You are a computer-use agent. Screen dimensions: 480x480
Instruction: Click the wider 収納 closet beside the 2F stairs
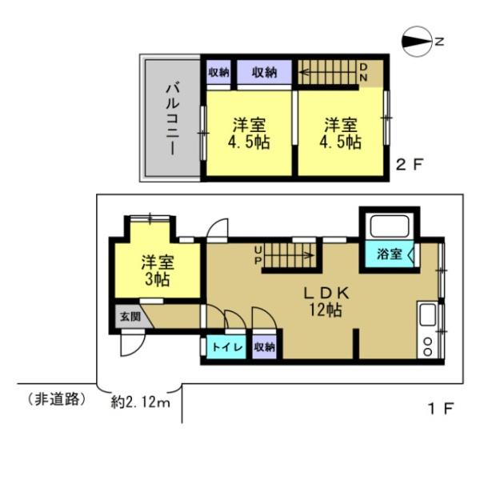(x=264, y=73)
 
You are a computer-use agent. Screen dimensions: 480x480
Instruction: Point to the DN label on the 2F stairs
(x=362, y=72)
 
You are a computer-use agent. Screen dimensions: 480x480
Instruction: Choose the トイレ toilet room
(x=222, y=347)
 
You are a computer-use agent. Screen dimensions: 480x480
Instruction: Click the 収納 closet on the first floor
(x=264, y=347)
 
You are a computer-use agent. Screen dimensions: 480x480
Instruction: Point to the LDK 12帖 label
(x=324, y=302)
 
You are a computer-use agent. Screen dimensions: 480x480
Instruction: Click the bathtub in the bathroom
(x=388, y=226)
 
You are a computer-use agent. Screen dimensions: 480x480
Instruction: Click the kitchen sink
(x=426, y=315)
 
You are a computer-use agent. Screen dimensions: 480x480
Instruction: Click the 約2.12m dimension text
(x=141, y=402)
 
